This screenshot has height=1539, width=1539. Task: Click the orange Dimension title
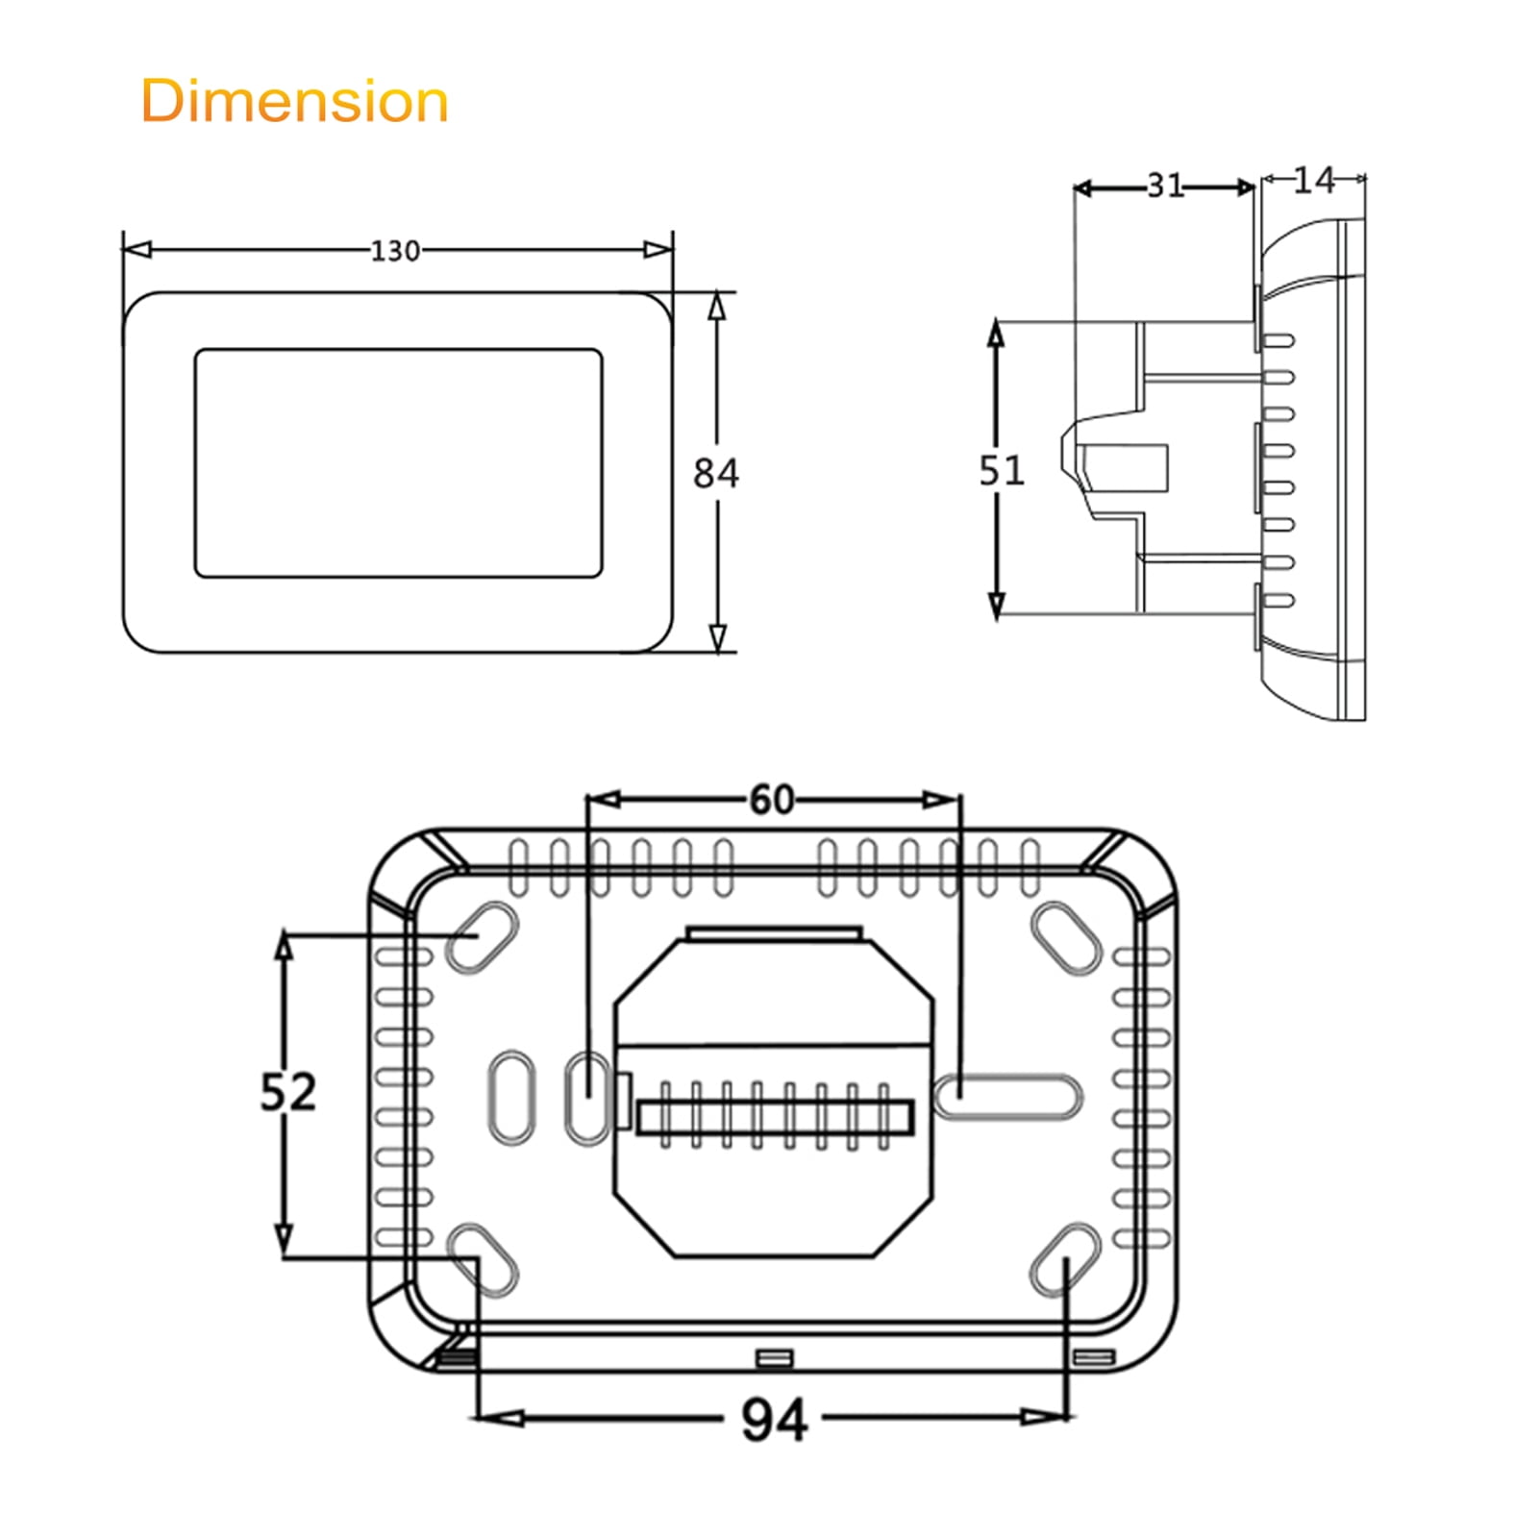(294, 101)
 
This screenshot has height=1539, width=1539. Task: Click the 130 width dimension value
(395, 251)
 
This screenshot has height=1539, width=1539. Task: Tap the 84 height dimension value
(716, 473)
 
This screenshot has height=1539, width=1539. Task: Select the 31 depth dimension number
(1165, 186)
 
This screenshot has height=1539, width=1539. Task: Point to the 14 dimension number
(1312, 180)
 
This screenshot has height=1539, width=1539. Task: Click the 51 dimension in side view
(1001, 470)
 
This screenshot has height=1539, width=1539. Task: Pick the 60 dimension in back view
(772, 799)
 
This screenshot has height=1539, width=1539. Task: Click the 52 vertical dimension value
(287, 1092)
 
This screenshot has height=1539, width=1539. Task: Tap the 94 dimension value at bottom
(774, 1420)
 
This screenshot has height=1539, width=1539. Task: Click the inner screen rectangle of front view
(398, 463)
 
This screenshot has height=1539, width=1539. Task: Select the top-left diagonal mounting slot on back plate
(482, 936)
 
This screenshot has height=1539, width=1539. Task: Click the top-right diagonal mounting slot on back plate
(1066, 938)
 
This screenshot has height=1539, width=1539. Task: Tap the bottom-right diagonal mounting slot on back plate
(1065, 1259)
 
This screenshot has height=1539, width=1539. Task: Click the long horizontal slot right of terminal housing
(1007, 1097)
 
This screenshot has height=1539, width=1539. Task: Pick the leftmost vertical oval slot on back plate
(512, 1097)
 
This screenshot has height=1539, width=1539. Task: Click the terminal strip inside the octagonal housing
(774, 1116)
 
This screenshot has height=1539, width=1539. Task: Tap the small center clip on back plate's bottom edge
(775, 1357)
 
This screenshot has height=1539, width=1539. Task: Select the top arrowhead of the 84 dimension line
(716, 306)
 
